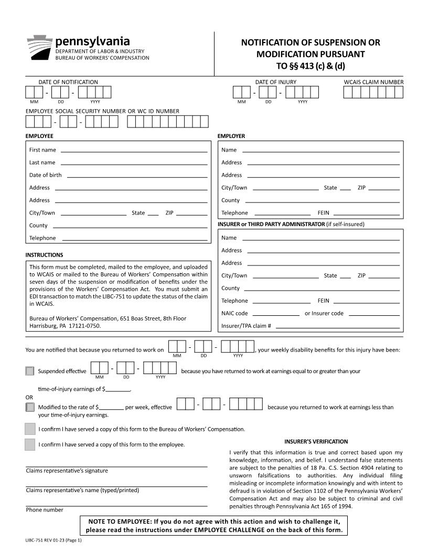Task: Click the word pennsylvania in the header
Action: pyautogui.click(x=92, y=41)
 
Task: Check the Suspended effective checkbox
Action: pyautogui.click(x=30, y=371)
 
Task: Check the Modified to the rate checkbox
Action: pyautogui.click(x=30, y=407)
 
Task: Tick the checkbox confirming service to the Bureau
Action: pyautogui.click(x=30, y=429)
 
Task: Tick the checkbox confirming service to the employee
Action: pyautogui.click(x=30, y=444)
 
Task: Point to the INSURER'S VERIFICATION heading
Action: pyautogui.click(x=316, y=441)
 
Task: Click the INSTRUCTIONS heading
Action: pyautogui.click(x=44, y=255)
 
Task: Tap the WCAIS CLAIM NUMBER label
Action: pyautogui.click(x=373, y=82)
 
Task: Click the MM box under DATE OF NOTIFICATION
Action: pyautogui.click(x=35, y=92)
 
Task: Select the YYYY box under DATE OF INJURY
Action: pyautogui.click(x=302, y=92)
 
